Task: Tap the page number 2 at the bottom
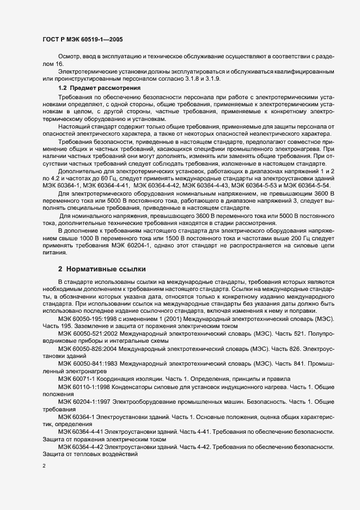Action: tap(44, 466)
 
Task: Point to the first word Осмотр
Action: tap(70, 56)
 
